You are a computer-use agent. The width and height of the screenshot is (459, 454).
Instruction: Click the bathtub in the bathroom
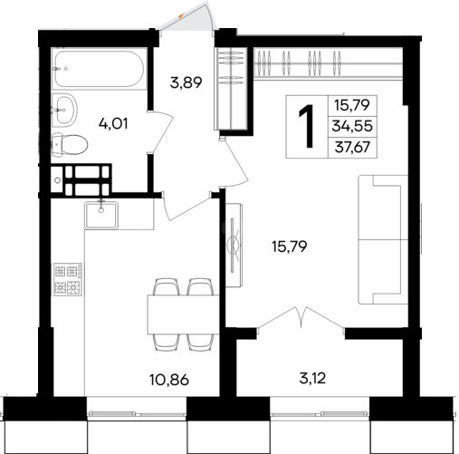point(100,68)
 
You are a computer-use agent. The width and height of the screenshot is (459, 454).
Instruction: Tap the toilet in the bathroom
point(70,145)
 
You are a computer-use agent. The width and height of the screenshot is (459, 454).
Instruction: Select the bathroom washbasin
point(64,110)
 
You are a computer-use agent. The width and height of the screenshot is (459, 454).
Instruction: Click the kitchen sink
point(101,215)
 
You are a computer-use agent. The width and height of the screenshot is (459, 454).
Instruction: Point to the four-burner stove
point(68,279)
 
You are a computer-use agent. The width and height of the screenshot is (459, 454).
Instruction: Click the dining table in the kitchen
point(183,314)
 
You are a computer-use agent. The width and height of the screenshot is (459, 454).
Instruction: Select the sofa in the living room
point(383,239)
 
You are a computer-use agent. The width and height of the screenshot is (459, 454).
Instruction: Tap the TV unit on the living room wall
point(234,245)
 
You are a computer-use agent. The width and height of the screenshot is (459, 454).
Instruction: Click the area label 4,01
point(113,123)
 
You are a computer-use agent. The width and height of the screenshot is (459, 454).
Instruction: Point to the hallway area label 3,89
point(186,82)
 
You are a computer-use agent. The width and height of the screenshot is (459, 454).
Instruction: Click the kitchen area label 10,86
point(169,380)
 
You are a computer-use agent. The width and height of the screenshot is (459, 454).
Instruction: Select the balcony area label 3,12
point(312,378)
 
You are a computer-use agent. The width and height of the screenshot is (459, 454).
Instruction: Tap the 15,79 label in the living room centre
point(290,246)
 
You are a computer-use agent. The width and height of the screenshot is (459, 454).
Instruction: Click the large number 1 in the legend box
point(306,127)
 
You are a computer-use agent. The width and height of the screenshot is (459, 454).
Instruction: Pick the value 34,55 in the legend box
point(352,126)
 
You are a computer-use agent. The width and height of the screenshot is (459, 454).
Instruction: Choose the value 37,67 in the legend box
point(352,147)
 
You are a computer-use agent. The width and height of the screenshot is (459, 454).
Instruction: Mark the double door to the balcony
point(301,319)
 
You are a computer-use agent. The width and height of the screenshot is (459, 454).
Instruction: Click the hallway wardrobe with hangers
point(232,88)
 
